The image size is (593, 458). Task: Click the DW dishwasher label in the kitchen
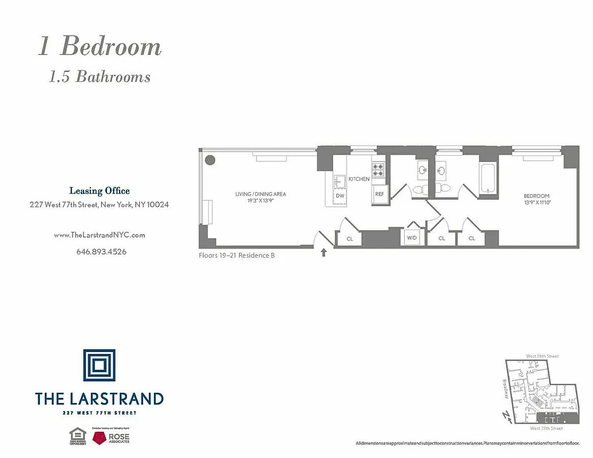click(x=340, y=196)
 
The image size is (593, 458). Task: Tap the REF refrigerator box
click(x=379, y=194)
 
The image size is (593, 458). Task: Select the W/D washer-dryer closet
click(x=412, y=237)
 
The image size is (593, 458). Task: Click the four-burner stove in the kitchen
click(x=378, y=169)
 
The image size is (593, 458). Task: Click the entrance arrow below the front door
click(x=324, y=252)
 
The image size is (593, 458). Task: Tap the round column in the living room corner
click(x=210, y=160)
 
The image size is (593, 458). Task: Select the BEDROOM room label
click(x=536, y=196)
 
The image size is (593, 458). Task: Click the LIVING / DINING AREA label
click(x=260, y=194)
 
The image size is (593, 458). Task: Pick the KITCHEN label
click(x=359, y=179)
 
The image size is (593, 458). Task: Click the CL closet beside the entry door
click(x=349, y=238)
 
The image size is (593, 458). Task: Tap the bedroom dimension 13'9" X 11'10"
click(x=536, y=202)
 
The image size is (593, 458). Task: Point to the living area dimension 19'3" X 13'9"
click(x=260, y=200)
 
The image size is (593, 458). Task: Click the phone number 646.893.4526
click(x=101, y=251)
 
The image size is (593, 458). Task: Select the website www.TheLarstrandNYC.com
click(x=99, y=235)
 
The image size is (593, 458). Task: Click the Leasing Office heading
click(x=100, y=191)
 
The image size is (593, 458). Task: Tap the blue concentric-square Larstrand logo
click(x=99, y=365)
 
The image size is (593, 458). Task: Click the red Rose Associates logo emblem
click(x=101, y=438)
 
